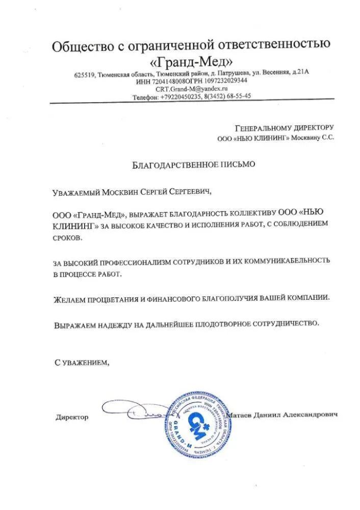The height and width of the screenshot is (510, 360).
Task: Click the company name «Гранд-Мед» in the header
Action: (192, 62)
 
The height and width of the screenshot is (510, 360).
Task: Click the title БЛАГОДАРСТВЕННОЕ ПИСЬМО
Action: (192, 165)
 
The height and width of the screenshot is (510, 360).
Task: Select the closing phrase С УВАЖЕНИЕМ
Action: (82, 363)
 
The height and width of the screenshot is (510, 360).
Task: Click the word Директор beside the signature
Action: (72, 417)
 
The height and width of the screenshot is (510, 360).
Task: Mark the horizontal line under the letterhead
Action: (192, 104)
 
